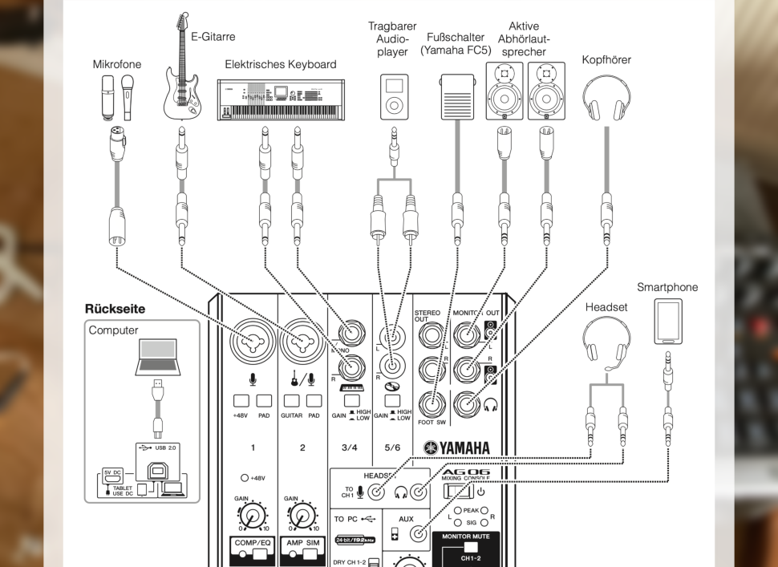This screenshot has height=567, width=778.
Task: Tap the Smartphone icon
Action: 669,322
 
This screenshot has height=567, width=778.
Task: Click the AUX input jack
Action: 418,535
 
